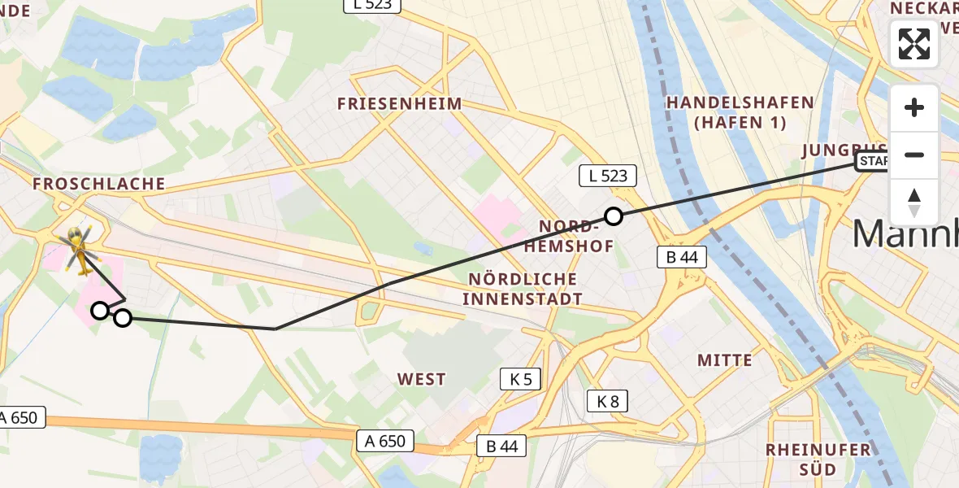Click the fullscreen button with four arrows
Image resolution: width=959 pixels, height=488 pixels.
pyautogui.click(x=914, y=43)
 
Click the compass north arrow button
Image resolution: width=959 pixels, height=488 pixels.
pyautogui.click(x=914, y=203)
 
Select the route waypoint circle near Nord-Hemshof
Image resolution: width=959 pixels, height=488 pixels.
pyautogui.click(x=614, y=216)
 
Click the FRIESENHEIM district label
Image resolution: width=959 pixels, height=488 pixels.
pyautogui.click(x=399, y=104)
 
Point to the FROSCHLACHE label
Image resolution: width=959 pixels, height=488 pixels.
pyautogui.click(x=99, y=184)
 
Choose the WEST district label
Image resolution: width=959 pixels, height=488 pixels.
pyautogui.click(x=422, y=379)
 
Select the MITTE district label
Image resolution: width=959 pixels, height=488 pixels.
pyautogui.click(x=725, y=359)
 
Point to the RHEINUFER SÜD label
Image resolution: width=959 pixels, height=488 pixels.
pyautogui.click(x=818, y=460)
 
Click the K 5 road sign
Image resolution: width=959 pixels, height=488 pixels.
pyautogui.click(x=520, y=378)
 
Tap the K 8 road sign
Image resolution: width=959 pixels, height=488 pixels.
pyautogui.click(x=607, y=400)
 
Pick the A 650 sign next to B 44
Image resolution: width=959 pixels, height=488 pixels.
pyautogui.click(x=385, y=442)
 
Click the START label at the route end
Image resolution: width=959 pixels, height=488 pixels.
pyautogui.click(x=873, y=162)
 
